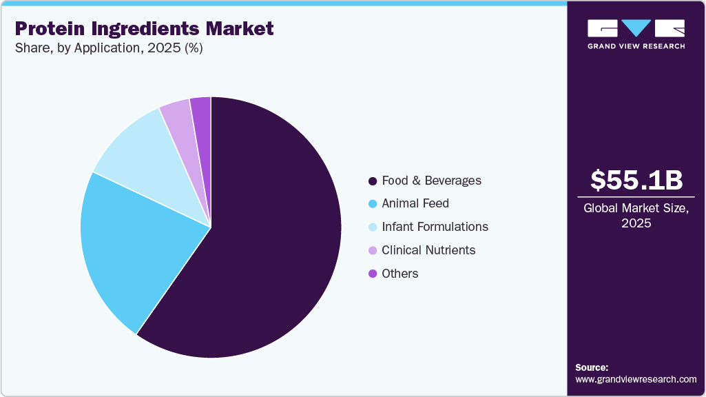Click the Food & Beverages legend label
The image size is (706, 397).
431,181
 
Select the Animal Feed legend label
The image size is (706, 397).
415,203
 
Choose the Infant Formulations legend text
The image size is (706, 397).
435,227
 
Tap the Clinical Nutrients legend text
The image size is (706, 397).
428,250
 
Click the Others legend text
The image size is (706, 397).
400,274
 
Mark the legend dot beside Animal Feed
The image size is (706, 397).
373,204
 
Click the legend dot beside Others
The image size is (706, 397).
373,274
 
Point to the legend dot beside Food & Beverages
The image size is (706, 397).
373,181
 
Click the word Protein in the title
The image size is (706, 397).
48,28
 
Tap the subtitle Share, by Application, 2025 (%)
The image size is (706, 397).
108,48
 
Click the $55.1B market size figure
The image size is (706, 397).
636,180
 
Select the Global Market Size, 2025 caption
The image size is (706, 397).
636,215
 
